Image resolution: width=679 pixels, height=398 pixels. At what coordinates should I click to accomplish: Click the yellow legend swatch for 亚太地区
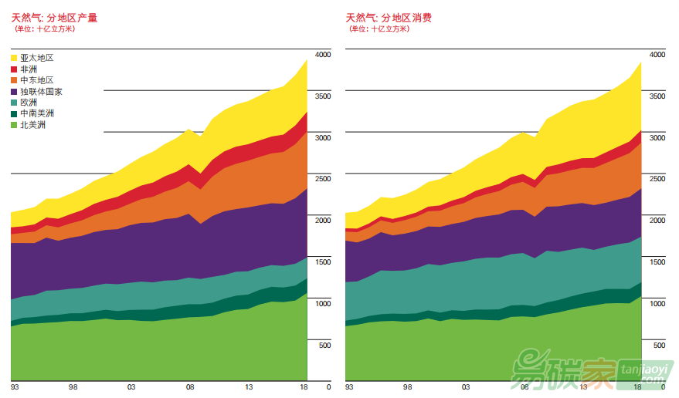coord(14,58)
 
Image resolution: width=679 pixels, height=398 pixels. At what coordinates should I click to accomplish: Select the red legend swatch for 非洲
coord(14,69)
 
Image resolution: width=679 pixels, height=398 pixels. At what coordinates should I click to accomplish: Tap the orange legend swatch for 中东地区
coord(14,80)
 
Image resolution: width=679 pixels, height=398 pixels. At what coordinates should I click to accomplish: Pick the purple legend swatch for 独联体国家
coord(14,91)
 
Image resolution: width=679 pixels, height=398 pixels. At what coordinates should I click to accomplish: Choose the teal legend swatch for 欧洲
coord(14,102)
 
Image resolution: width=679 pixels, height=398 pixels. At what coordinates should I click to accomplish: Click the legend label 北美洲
coord(32,124)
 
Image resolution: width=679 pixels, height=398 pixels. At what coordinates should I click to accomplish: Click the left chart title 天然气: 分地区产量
coord(54,17)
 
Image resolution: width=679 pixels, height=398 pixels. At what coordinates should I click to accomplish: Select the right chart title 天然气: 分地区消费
coord(389,17)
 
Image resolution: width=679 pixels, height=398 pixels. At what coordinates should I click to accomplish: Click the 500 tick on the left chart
coord(324,345)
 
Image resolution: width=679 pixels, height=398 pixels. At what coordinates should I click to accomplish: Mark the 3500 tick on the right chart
coord(657,96)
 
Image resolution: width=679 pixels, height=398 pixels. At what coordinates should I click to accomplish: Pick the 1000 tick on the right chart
coord(657,303)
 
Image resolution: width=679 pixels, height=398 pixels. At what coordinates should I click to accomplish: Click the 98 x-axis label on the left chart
coord(73,387)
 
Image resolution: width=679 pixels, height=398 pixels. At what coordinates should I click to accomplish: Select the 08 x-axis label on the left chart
coord(190,387)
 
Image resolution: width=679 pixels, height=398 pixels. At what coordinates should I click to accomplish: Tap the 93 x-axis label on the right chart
coord(349,387)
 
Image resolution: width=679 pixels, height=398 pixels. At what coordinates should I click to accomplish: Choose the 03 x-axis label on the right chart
coord(466,387)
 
